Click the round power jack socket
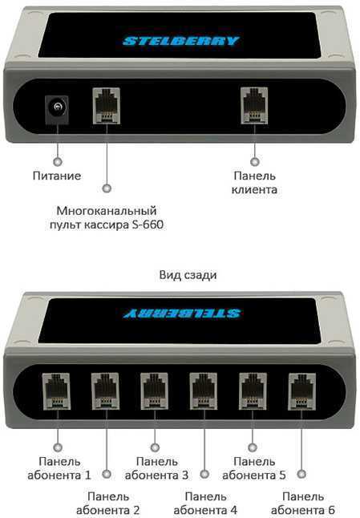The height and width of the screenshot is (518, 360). point(57,109)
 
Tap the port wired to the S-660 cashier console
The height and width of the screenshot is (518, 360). point(107,106)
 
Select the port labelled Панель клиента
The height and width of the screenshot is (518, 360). point(254,106)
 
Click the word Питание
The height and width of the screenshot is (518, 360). point(57,176)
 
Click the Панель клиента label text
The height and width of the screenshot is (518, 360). point(254,182)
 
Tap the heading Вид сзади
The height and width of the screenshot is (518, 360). point(188,275)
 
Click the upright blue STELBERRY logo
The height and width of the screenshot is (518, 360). point(181,41)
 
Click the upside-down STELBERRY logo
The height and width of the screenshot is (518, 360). point(182,314)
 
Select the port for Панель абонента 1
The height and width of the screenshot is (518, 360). point(56,391)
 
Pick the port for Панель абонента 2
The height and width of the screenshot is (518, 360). point(105,391)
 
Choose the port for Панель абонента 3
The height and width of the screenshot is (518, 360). point(154,391)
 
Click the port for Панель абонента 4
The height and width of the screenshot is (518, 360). point(204,391)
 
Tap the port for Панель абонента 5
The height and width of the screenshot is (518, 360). point(253,391)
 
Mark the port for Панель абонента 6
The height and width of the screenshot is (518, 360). point(302,391)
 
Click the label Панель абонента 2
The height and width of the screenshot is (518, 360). point(108,504)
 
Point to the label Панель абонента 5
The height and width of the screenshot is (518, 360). point(254,468)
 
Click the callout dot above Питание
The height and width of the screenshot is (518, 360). point(58,162)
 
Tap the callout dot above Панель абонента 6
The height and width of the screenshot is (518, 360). point(301,475)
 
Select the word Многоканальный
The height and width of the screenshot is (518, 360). point(107,210)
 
